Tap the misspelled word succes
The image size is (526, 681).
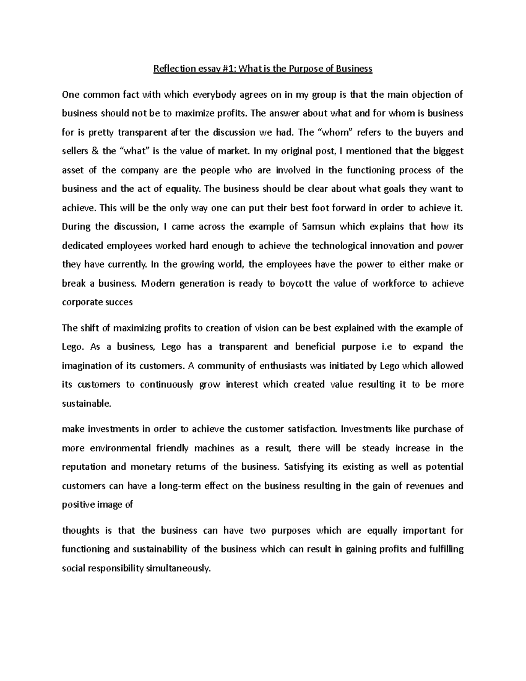point(119,302)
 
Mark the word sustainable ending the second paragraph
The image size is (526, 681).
point(87,404)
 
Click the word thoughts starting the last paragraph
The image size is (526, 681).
point(80,531)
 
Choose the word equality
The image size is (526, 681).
point(183,189)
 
